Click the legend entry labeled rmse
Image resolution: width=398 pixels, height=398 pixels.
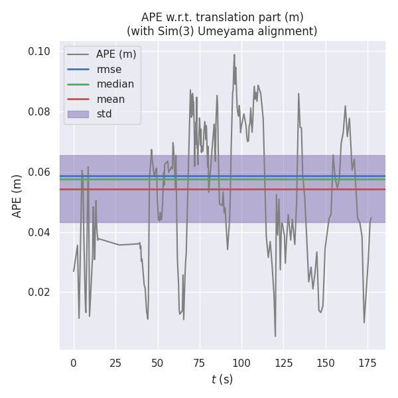coord(109,69)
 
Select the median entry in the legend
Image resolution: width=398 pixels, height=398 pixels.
coord(115,84)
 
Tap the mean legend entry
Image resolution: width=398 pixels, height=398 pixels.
coord(110,99)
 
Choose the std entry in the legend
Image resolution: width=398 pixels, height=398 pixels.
coord(104,114)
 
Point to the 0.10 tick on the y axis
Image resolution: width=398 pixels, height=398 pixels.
coord(39,52)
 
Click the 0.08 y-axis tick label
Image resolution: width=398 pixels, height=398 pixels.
coord(39,111)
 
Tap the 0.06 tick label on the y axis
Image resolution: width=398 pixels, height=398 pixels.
coord(39,172)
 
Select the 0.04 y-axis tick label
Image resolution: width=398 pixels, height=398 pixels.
coord(39,232)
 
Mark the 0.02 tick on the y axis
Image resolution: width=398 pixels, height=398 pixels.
coord(39,293)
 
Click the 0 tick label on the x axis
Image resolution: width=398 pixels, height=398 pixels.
coord(74,363)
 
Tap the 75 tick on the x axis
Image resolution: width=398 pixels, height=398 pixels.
coord(199,363)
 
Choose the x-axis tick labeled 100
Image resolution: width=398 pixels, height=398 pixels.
coord(241,363)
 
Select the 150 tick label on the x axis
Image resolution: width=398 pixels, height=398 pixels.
coord(325,363)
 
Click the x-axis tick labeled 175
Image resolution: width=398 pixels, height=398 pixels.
coord(367,363)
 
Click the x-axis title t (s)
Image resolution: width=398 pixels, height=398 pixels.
coord(222,379)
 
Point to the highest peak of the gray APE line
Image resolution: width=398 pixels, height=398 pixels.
coord(234,55)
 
